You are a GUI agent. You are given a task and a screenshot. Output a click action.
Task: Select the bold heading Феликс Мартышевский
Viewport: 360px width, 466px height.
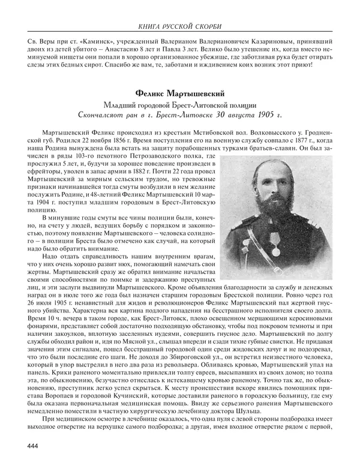[179, 94]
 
